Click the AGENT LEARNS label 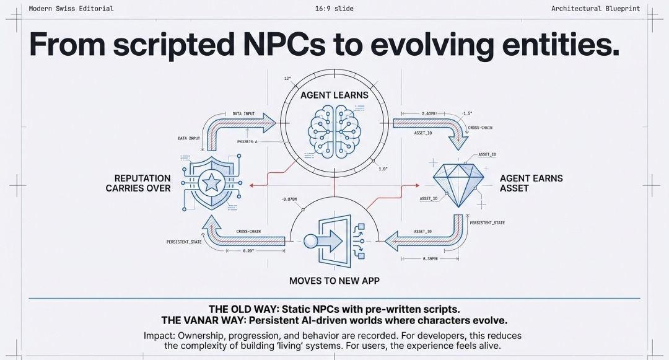click(334, 95)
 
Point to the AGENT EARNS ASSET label click(531, 183)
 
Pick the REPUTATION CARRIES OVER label click(138, 183)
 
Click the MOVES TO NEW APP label click(334, 281)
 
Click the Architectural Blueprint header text click(595, 9)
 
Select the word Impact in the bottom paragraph click(158, 335)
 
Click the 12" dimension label click(287, 79)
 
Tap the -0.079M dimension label click(289, 199)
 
